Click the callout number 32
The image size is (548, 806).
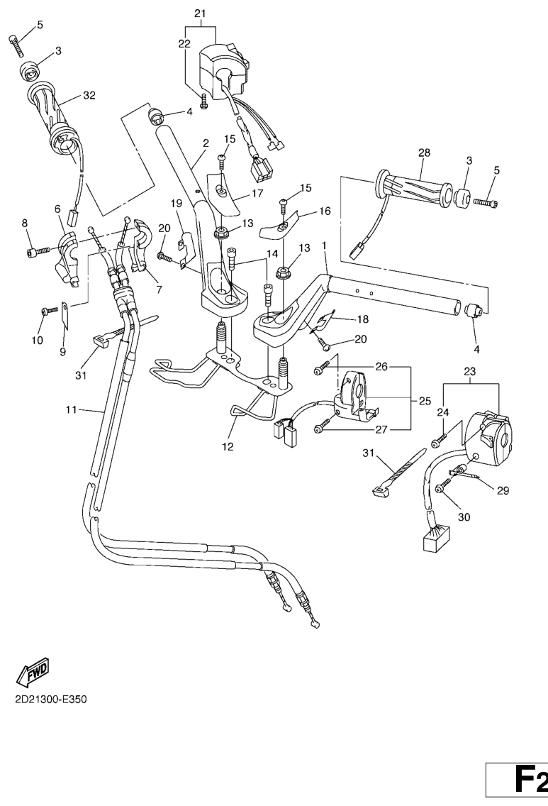pyautogui.click(x=89, y=94)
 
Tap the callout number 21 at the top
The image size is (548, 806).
pyautogui.click(x=199, y=13)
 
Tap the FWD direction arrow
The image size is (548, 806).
pyautogui.click(x=34, y=670)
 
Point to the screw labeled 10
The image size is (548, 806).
pyautogui.click(x=49, y=311)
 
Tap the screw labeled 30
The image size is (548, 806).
pyautogui.click(x=443, y=487)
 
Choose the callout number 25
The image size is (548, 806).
pyautogui.click(x=425, y=401)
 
